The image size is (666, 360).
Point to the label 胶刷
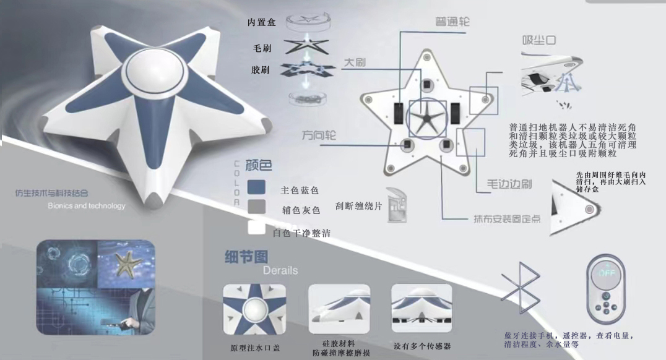click(261, 70)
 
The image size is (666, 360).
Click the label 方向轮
click(319, 135)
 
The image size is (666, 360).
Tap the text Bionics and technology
click(87, 206)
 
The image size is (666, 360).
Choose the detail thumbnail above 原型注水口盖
click(254, 309)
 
